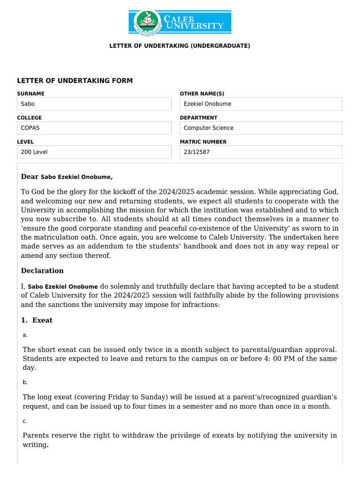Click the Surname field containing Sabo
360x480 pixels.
click(x=94, y=104)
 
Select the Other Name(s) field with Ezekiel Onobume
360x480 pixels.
click(x=261, y=104)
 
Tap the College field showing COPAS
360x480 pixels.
click(x=94, y=128)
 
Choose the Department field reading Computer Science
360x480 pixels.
click(x=261, y=128)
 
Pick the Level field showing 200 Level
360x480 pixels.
click(x=94, y=152)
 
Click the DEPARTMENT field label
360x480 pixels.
click(x=198, y=118)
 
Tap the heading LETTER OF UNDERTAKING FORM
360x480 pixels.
click(x=75, y=81)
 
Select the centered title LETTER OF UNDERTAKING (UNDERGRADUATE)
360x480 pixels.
click(x=180, y=46)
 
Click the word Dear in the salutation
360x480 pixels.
click(x=30, y=177)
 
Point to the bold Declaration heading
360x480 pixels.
click(x=42, y=270)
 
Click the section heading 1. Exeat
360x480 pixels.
click(x=37, y=320)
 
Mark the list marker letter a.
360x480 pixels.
click(x=25, y=335)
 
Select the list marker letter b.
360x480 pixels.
click(x=25, y=382)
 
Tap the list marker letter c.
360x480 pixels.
click(x=25, y=421)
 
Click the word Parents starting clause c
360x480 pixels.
click(x=37, y=435)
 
